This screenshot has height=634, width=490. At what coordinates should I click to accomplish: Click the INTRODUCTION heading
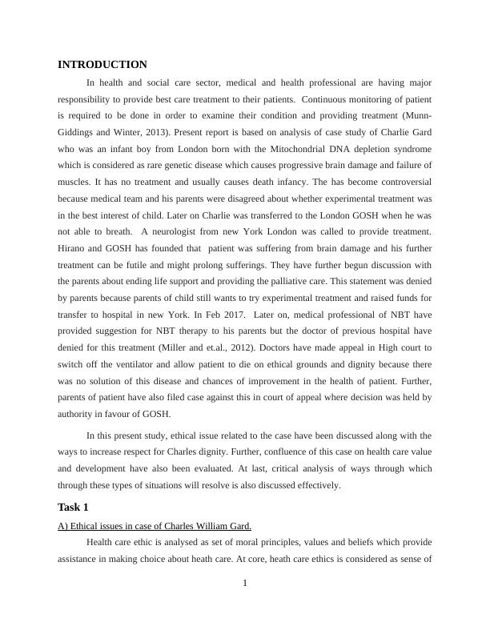tap(102, 65)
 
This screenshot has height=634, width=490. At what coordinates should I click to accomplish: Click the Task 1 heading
tap(73, 508)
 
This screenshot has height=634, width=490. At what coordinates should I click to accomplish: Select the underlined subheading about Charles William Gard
tap(155, 526)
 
